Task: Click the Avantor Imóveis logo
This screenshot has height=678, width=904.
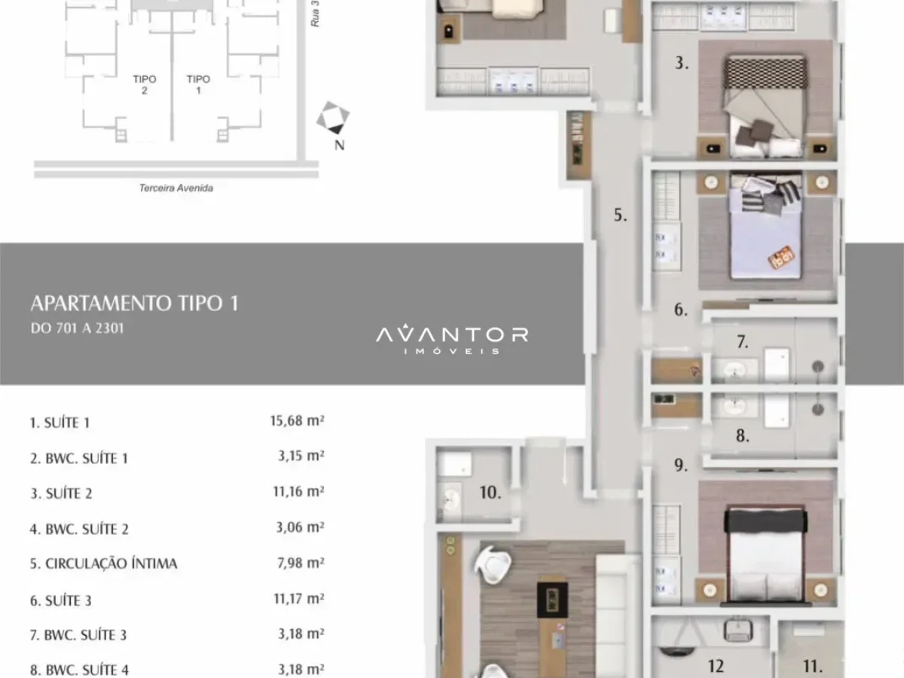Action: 452,339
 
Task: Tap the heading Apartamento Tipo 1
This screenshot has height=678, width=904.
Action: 135,304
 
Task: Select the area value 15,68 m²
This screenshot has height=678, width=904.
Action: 297,420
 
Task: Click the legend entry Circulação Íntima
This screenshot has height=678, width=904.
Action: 103,563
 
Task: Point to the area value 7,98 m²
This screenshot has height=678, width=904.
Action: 301,563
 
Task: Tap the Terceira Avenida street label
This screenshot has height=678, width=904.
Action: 176,188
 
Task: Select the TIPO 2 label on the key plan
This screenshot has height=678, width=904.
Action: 145,84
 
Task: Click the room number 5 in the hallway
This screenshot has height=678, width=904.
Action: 620,215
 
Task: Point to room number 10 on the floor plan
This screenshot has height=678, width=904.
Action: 490,493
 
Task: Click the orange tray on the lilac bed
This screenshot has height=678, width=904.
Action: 781,258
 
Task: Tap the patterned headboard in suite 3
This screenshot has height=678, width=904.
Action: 765,72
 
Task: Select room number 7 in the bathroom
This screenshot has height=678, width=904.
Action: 743,342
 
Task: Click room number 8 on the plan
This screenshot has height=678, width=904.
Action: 743,435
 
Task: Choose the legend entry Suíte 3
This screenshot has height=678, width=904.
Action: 60,600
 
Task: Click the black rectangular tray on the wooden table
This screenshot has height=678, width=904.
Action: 552,600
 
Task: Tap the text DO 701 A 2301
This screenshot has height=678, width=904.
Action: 77,328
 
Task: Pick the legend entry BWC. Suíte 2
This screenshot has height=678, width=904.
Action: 79,529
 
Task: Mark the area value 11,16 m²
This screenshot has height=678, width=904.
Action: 298,491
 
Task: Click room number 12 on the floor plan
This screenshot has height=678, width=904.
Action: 716,666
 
